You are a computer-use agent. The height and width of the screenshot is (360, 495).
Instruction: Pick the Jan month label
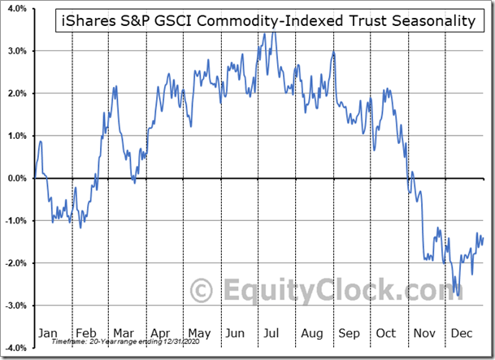coord(48,332)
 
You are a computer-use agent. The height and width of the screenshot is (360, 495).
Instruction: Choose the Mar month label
coord(123,332)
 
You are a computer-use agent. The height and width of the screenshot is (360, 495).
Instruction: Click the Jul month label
coord(272,332)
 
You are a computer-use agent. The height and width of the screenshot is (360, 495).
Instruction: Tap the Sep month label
coord(348,332)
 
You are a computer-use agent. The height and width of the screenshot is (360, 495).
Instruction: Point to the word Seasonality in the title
coord(434,22)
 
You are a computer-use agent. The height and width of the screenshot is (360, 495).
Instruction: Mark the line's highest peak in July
coord(275,32)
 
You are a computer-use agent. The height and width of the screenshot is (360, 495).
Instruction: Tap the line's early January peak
coord(40,142)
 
